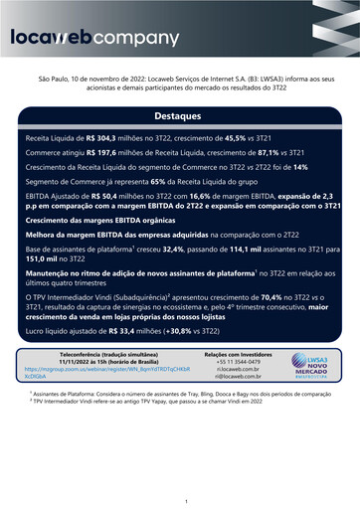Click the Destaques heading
click(180, 116)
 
